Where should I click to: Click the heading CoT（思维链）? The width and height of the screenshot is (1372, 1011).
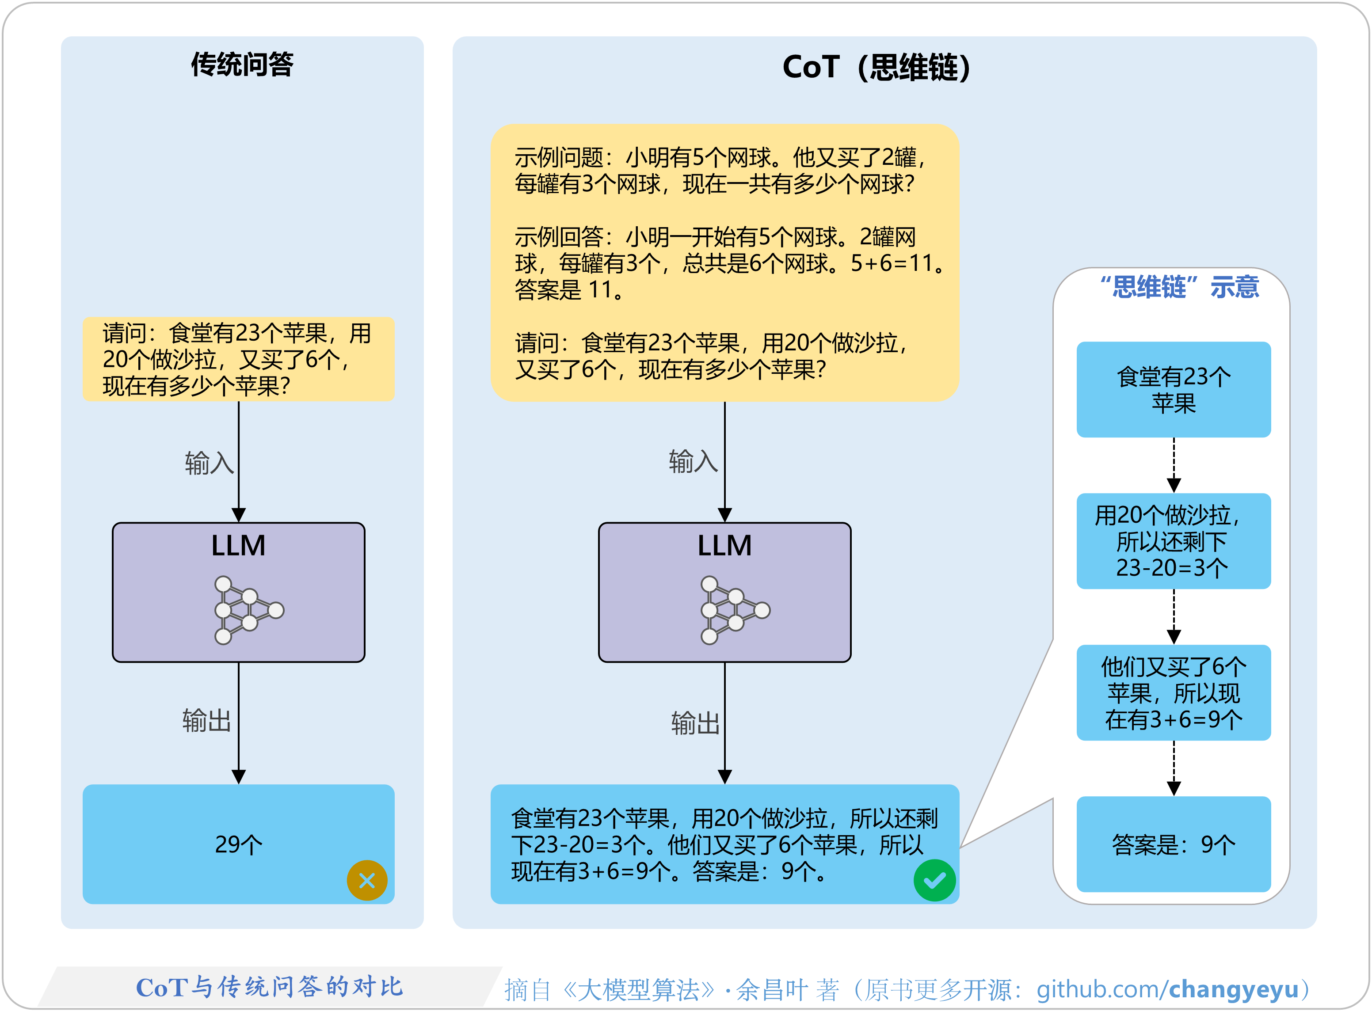pyautogui.click(x=876, y=67)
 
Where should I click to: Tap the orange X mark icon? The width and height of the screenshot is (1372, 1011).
pyautogui.click(x=367, y=881)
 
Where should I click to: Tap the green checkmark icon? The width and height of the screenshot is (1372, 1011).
pyautogui.click(x=934, y=881)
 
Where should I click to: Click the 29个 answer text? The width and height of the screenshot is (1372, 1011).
pyautogui.click(x=238, y=844)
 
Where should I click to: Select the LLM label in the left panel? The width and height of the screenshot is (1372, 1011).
pyautogui.click(x=238, y=545)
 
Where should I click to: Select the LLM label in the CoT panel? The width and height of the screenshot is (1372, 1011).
pyautogui.click(x=724, y=545)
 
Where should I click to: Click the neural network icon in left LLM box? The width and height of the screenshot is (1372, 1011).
pyautogui.click(x=248, y=610)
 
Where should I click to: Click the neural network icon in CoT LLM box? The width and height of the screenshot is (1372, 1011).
pyautogui.click(x=734, y=610)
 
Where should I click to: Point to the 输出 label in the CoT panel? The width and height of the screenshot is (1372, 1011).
pyautogui.click(x=695, y=723)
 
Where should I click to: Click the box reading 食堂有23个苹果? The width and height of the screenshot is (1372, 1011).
pyautogui.click(x=1173, y=389)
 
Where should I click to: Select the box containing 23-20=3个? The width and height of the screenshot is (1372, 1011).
pyautogui.click(x=1173, y=541)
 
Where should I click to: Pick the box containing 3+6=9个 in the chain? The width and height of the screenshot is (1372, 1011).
pyautogui.click(x=1173, y=693)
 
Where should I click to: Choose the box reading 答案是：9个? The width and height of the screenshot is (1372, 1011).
pyautogui.click(x=1173, y=844)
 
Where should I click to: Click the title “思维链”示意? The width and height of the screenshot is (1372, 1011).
pyautogui.click(x=1179, y=286)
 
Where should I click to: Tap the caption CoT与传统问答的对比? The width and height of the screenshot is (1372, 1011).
pyautogui.click(x=269, y=987)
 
